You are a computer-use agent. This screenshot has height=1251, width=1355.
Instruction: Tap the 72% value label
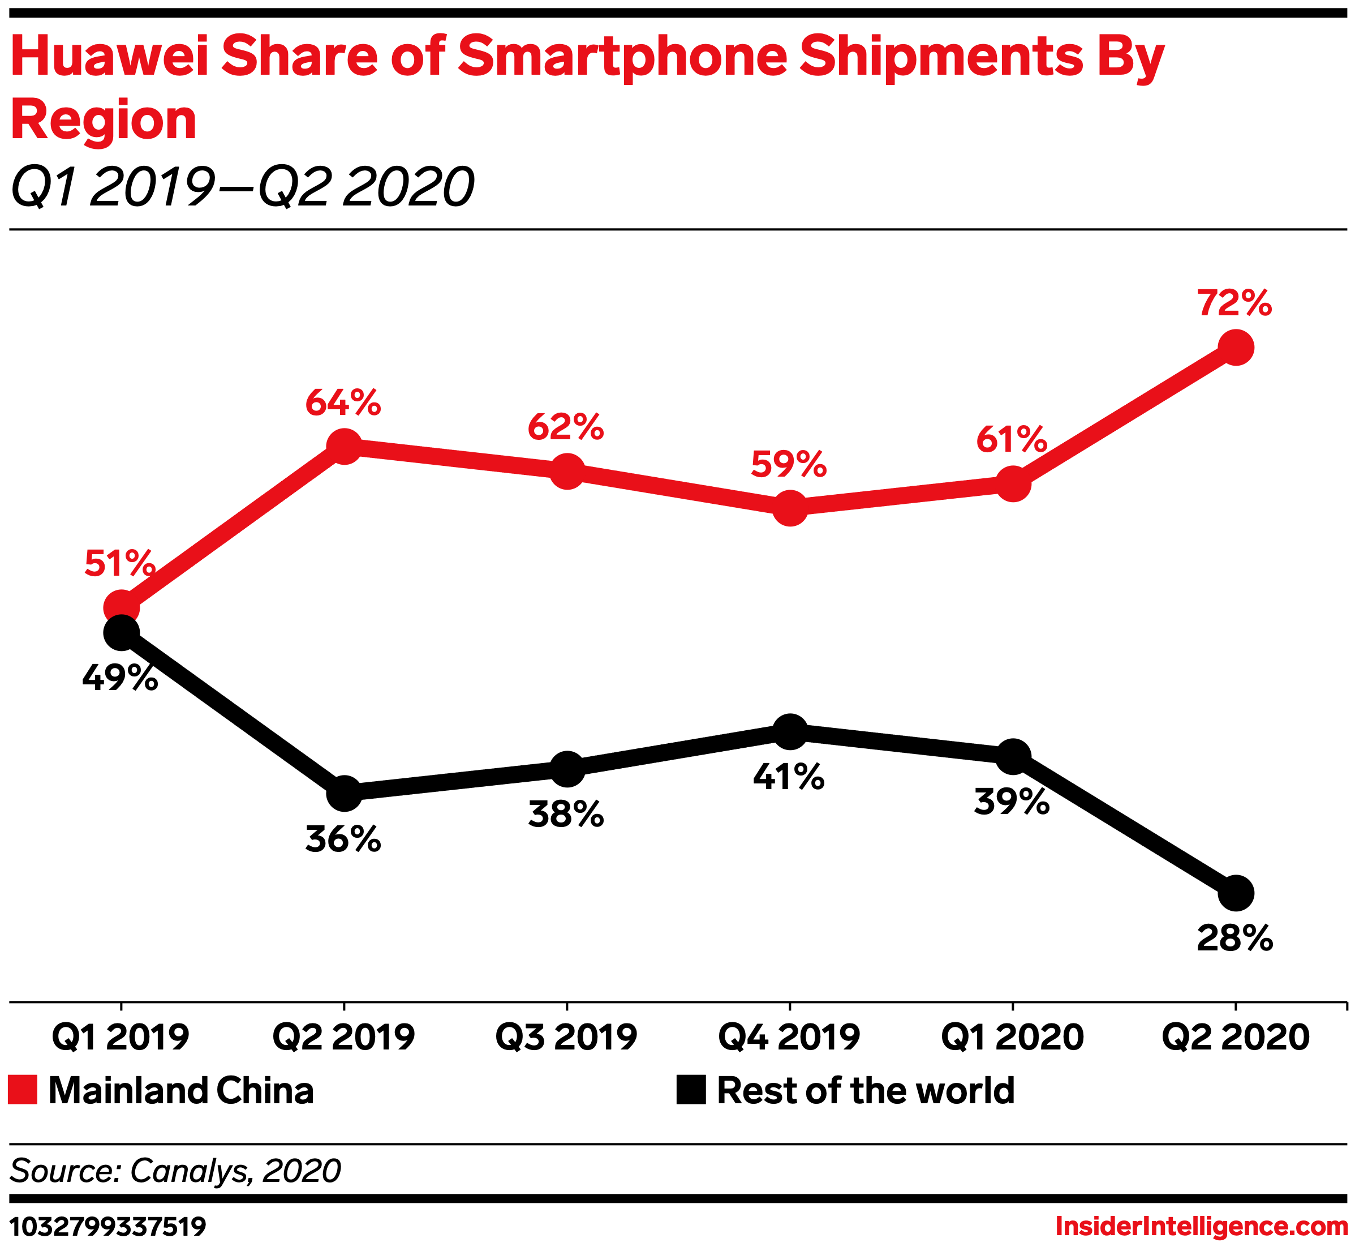[x=1234, y=303]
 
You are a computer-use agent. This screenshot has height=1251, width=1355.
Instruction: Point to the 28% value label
[x=1234, y=939]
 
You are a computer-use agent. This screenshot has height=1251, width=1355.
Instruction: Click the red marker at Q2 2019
[x=345, y=446]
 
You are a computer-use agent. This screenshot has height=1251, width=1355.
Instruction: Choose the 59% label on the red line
[x=789, y=464]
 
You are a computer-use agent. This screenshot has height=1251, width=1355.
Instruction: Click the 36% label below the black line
[x=343, y=839]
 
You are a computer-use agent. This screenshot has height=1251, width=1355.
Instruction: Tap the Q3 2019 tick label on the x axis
[x=566, y=1037]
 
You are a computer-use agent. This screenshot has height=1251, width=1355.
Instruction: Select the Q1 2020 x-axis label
[x=1012, y=1037]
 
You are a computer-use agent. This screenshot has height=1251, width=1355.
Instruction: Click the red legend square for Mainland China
[x=23, y=1090]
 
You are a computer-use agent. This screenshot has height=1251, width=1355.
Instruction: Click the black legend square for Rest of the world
[x=691, y=1090]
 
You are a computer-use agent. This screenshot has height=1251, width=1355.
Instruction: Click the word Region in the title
[x=104, y=120]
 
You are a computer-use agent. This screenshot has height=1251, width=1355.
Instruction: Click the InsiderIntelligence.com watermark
[x=1201, y=1226]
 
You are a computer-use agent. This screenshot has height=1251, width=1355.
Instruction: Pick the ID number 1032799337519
[x=108, y=1226]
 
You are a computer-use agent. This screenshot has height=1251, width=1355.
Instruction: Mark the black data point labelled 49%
[x=121, y=633]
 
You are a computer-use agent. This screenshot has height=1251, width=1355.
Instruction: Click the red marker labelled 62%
[x=567, y=471]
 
